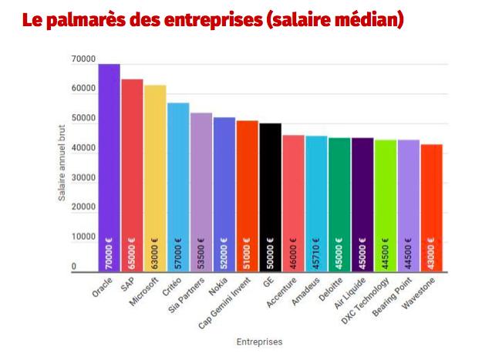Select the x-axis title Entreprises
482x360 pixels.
(x=260, y=340)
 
